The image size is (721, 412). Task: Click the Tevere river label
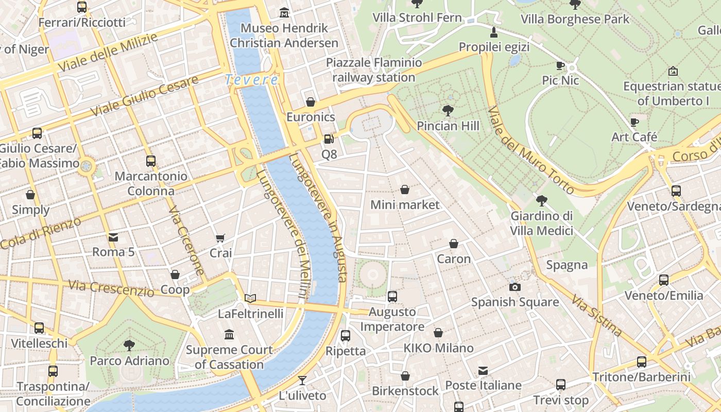pos(252,80)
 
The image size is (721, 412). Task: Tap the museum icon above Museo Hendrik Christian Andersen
pos(284,12)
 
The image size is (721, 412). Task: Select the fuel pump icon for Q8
pos(329,139)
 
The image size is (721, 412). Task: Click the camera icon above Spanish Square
pos(514,287)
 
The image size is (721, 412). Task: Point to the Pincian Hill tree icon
pos(448,110)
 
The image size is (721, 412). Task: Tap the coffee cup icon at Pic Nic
pos(560,65)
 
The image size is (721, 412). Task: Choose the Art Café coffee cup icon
pos(634,122)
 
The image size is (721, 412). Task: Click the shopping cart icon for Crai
pos(220,238)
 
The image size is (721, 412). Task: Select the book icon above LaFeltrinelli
pos(250,298)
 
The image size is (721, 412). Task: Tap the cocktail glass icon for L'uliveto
pos(302,381)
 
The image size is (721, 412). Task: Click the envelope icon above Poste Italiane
pos(483,370)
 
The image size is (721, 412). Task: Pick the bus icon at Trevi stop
pos(561,385)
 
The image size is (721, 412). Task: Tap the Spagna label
pos(566,265)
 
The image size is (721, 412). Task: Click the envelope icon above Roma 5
pos(113,237)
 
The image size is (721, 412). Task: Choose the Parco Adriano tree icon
pos(129,346)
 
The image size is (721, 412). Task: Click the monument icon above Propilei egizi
pos(494,32)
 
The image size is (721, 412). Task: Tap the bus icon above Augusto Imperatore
pos(392,297)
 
